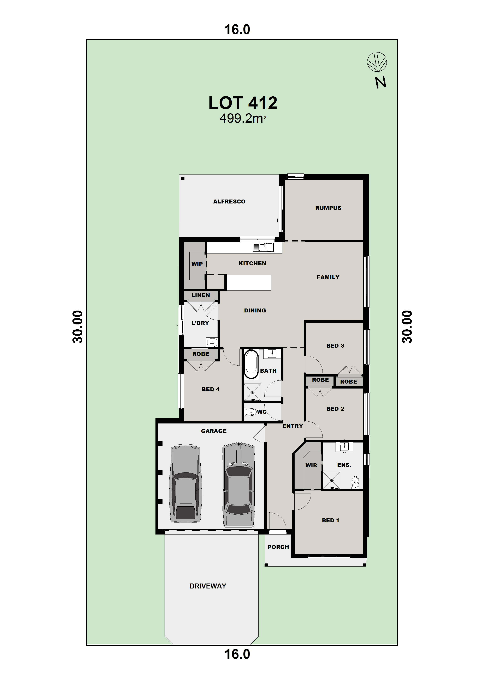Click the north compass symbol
[377, 62]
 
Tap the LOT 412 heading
[243, 103]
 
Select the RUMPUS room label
[328, 208]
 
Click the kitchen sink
[263, 247]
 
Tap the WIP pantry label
[197, 264]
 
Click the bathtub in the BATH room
[251, 364]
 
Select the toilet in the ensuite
[355, 483]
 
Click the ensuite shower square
[331, 480]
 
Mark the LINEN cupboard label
[200, 295]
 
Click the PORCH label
[278, 547]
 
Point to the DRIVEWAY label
[208, 586]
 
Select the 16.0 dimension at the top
[237, 30]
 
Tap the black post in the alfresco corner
[183, 178]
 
